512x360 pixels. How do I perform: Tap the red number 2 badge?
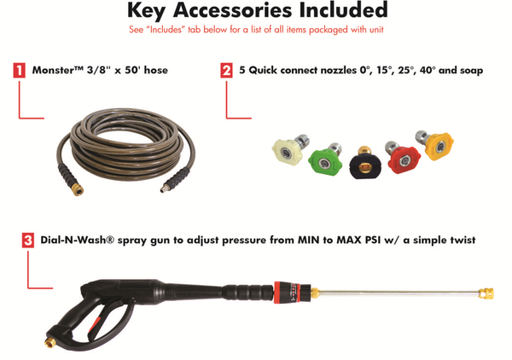click(x=226, y=71)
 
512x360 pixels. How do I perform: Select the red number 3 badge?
click(x=28, y=241)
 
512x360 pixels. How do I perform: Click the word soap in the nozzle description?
click(x=468, y=71)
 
